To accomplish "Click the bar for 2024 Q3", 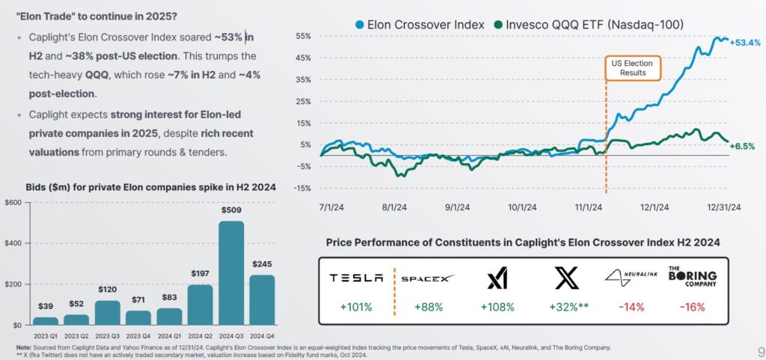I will tap(230, 272).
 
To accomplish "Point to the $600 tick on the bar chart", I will tap(13, 204).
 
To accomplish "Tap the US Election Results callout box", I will tap(632, 68).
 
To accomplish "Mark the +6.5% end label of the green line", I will tap(742, 147).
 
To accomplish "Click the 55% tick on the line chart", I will tap(303, 36).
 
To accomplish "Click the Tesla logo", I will tap(356, 278).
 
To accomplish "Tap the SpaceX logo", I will tap(428, 278).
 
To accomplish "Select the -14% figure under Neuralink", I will tap(631, 307).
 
